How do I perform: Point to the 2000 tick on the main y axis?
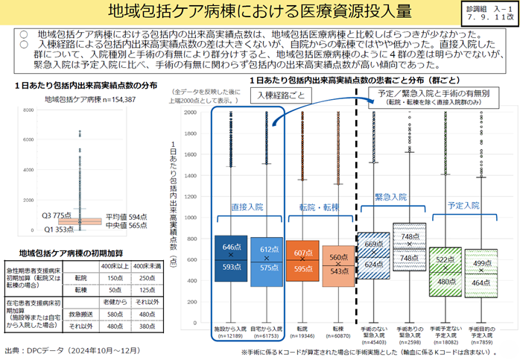[x=190, y=113]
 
